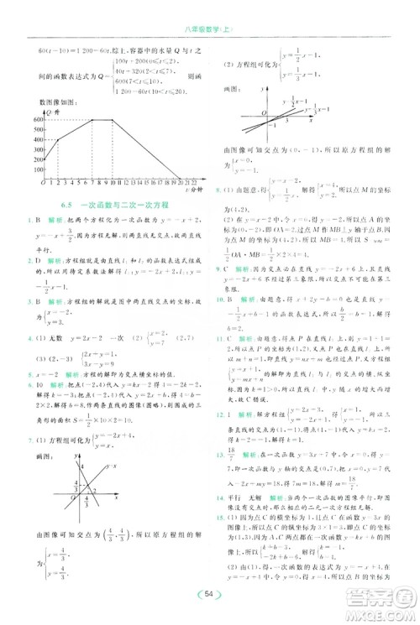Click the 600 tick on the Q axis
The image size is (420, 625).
click(39, 119)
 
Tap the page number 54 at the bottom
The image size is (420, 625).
click(211, 595)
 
